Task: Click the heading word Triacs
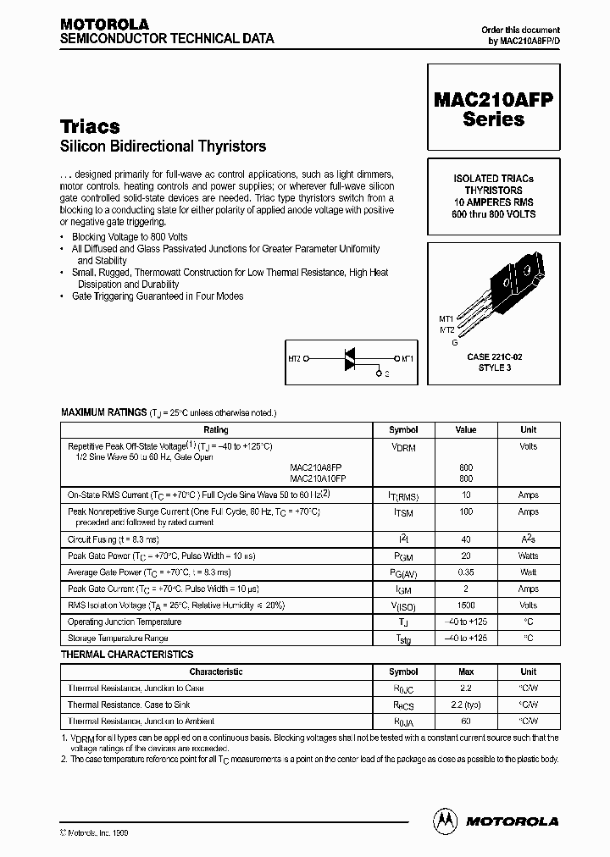pos(90,126)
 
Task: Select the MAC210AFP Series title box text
pos(493,109)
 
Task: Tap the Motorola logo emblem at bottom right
pos(444,820)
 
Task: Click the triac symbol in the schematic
pos(348,359)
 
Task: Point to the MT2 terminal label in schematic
pos(295,358)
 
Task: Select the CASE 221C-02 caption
pos(494,357)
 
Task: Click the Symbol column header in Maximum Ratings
pos(403,429)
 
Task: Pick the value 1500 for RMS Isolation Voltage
pos(465,605)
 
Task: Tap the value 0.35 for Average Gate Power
pos(465,573)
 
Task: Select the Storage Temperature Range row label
pos(118,638)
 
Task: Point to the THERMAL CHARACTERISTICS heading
pos(127,655)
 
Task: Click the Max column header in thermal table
pos(465,672)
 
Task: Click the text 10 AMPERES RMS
pos(493,202)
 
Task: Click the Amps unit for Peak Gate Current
pos(528,589)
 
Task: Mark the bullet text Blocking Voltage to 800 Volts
pos(130,237)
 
